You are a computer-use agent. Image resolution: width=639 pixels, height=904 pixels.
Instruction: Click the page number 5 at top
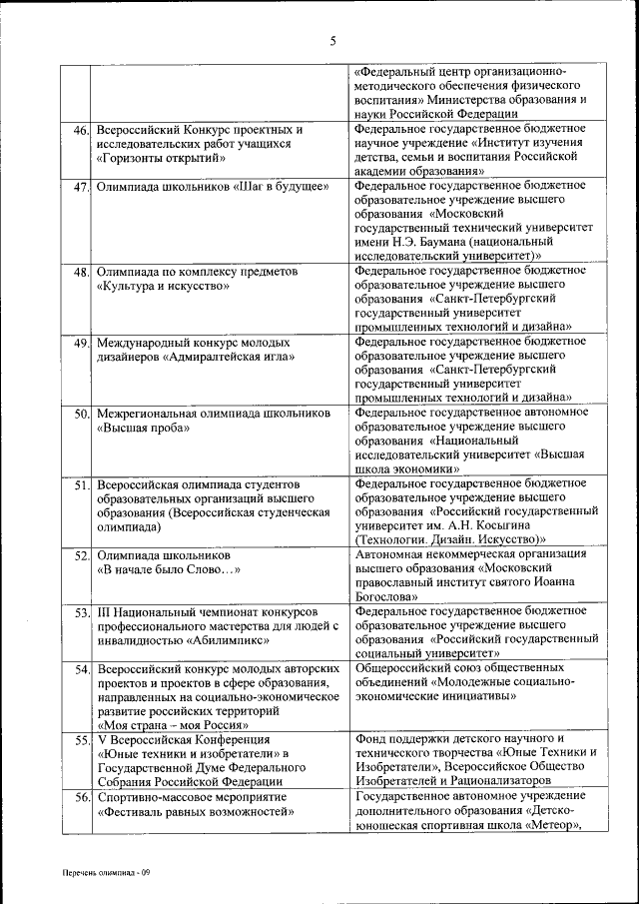333,41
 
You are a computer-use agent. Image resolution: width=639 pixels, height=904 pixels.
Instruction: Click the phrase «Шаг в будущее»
279,188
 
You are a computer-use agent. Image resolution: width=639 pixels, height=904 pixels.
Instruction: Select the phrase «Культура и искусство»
164,286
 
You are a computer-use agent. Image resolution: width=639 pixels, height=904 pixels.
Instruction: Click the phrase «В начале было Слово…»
169,569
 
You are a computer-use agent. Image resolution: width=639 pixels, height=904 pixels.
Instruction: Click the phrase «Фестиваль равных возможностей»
195,812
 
